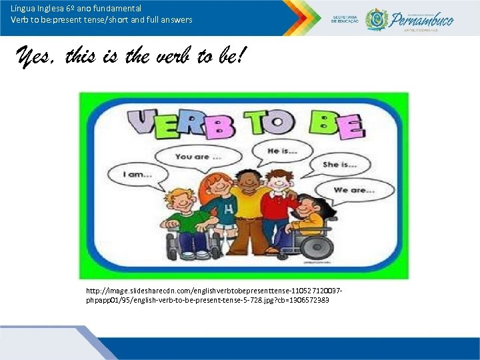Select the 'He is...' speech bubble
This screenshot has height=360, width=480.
tap(282, 151)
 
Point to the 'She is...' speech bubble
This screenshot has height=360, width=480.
tap(339, 164)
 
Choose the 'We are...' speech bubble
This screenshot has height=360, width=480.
tap(354, 190)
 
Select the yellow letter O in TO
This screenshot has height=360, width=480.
tap(278, 123)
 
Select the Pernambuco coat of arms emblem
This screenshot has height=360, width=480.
tap(377, 18)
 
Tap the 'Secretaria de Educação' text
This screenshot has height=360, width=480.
tap(345, 19)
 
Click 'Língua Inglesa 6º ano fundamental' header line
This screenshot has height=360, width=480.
tap(76, 9)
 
